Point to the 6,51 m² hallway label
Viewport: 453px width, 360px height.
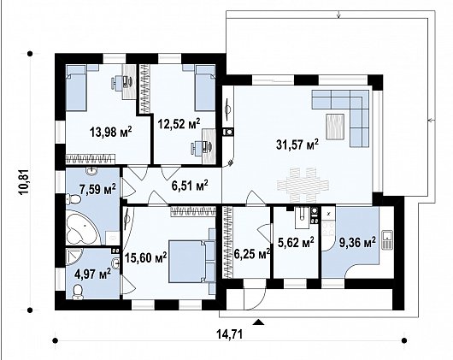pyautogui.click(x=190, y=184)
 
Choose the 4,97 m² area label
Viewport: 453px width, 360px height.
pyautogui.click(x=92, y=274)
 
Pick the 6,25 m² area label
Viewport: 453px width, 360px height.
pyautogui.click(x=252, y=252)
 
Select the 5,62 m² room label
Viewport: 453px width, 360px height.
pyautogui.click(x=295, y=243)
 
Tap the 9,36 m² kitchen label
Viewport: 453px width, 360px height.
pyautogui.click(x=356, y=243)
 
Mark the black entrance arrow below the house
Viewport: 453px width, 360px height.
pyautogui.click(x=259, y=322)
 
